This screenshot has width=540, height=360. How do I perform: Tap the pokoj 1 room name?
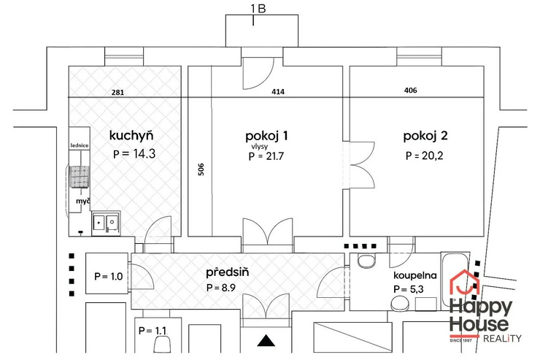268,135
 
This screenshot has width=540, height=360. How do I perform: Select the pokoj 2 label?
425,135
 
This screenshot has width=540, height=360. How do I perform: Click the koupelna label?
414,275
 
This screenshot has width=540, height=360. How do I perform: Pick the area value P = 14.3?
135,154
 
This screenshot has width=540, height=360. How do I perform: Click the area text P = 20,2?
426,156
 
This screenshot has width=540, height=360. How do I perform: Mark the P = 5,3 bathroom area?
409,290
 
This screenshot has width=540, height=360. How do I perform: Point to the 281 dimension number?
119,93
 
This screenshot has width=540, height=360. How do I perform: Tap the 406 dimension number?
412,92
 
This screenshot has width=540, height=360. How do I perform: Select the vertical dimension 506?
200,170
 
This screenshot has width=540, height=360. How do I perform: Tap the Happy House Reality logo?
483,306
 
